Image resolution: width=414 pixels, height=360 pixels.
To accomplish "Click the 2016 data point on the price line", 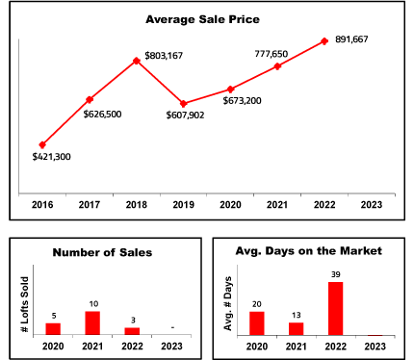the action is point(42,145).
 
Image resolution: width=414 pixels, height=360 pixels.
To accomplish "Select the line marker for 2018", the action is point(137,61).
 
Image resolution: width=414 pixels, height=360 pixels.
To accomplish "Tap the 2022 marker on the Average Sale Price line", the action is point(324,41).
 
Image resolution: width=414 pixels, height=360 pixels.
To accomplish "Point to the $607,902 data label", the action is point(185,115).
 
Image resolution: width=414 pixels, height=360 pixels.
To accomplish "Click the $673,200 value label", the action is point(243,101).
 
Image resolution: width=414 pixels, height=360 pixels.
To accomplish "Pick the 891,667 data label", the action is point(351,39).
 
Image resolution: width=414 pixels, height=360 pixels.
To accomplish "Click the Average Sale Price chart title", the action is point(202,19).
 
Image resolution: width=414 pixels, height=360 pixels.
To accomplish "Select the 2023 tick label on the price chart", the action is point(372,205).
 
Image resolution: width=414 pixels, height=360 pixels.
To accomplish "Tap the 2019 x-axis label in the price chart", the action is point(184,205).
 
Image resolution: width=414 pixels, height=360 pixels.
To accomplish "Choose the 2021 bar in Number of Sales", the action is point(92,323).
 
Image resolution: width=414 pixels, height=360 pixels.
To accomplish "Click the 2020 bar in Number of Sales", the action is point(53,329).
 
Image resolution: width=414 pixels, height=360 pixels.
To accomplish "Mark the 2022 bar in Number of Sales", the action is point(132,331).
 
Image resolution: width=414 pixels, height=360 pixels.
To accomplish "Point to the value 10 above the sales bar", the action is point(93,303).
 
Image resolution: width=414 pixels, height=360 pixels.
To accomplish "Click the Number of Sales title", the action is point(102,252).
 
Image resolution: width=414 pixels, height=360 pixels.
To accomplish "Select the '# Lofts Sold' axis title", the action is point(25,305).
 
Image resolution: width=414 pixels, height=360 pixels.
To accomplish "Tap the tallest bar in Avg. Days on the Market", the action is point(335,309).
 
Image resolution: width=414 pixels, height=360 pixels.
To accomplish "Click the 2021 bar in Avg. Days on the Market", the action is point(296,329).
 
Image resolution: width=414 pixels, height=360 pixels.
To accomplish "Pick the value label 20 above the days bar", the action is point(257,304).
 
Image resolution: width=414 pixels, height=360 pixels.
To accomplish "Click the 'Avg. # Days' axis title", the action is point(228,303).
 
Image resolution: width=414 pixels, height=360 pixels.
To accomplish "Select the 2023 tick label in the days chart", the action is point(375,347).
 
